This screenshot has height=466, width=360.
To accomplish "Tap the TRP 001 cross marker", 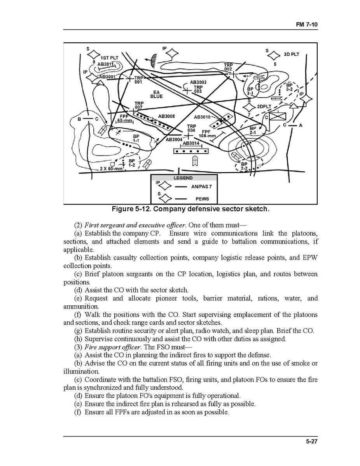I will [x=129, y=78].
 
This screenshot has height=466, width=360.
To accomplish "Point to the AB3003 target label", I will [x=198, y=82].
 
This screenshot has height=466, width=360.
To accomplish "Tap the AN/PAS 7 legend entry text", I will [x=201, y=186].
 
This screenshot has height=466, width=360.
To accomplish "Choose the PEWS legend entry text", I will [x=202, y=199].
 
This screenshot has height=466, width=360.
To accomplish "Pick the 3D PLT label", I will [x=291, y=54].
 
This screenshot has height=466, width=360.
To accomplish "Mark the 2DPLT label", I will [x=264, y=106].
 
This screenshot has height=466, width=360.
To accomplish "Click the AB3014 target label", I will [x=190, y=143].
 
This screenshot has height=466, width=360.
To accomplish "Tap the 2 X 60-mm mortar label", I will [x=111, y=168].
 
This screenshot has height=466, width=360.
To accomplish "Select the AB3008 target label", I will [x=166, y=116].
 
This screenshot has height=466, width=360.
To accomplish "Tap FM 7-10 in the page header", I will [x=307, y=24].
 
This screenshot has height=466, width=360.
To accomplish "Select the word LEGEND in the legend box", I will [x=183, y=178].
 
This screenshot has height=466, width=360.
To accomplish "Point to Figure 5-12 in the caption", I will [x=131, y=209].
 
